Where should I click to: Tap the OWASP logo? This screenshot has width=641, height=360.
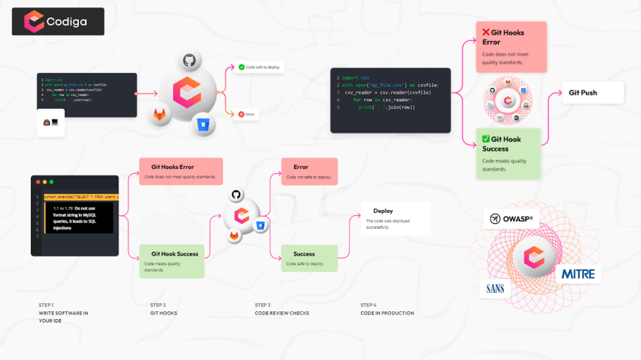[512, 218]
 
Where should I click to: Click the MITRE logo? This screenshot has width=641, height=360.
[578, 274]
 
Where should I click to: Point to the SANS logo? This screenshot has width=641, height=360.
[495, 288]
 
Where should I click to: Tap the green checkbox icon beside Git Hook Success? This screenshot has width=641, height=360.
[486, 139]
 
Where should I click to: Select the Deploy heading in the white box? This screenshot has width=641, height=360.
[383, 211]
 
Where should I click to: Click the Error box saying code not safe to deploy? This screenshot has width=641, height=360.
[309, 171]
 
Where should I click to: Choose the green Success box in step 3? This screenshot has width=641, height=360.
[309, 258]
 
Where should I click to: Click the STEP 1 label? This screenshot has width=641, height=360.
[46, 305]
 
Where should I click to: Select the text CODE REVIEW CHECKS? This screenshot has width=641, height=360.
[281, 313]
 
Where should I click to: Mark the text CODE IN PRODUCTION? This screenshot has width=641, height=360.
[387, 313]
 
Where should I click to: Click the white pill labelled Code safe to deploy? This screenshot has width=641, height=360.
[258, 67]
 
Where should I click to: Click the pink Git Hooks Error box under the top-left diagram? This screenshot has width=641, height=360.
[181, 171]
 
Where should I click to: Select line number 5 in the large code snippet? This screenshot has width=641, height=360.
[337, 107]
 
